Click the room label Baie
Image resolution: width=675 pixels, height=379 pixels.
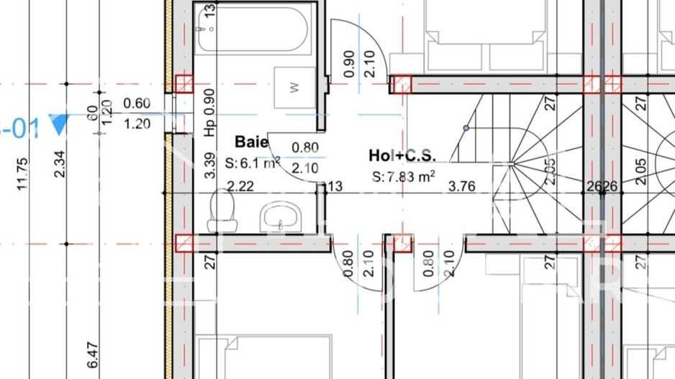coord(251,142)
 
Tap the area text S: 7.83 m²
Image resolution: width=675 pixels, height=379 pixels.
coord(403,176)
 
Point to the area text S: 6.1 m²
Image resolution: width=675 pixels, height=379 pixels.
coord(252,163)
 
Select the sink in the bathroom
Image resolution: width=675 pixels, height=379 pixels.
coord(281,216)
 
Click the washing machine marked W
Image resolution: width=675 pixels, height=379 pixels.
coord(294,88)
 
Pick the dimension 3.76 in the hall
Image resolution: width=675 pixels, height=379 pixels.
coord(461,187)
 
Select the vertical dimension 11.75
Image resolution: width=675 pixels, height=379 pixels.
coord(23,174)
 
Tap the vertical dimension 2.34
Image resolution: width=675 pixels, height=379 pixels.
coord(60,162)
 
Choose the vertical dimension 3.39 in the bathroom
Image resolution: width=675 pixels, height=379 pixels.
coord(209,165)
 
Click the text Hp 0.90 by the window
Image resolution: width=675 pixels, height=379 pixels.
coord(209,112)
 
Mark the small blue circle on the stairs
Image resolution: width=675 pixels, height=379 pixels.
coord(466,128)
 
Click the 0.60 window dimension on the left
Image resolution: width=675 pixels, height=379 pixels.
coord(137,104)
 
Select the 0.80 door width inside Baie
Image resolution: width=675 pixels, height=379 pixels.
coord(305,148)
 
